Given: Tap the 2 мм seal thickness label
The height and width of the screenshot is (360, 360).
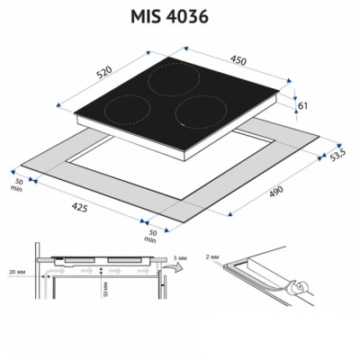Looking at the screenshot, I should pos(212,256).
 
